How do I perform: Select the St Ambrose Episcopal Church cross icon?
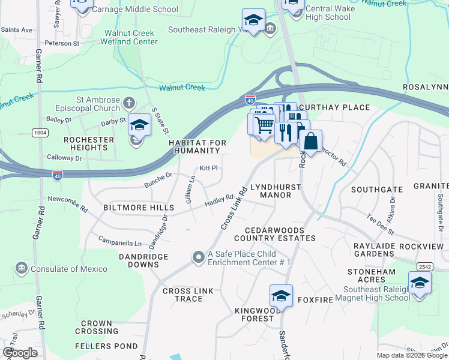(128, 103)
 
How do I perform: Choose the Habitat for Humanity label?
(197, 146)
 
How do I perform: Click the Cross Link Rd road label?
(234, 206)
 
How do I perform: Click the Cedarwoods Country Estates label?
(280, 234)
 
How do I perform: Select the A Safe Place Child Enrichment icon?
(199, 257)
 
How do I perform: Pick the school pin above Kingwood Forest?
(281, 295)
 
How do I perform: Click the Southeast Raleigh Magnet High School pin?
(420, 283)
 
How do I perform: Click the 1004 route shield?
(40, 132)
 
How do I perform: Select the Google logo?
(20, 353)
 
